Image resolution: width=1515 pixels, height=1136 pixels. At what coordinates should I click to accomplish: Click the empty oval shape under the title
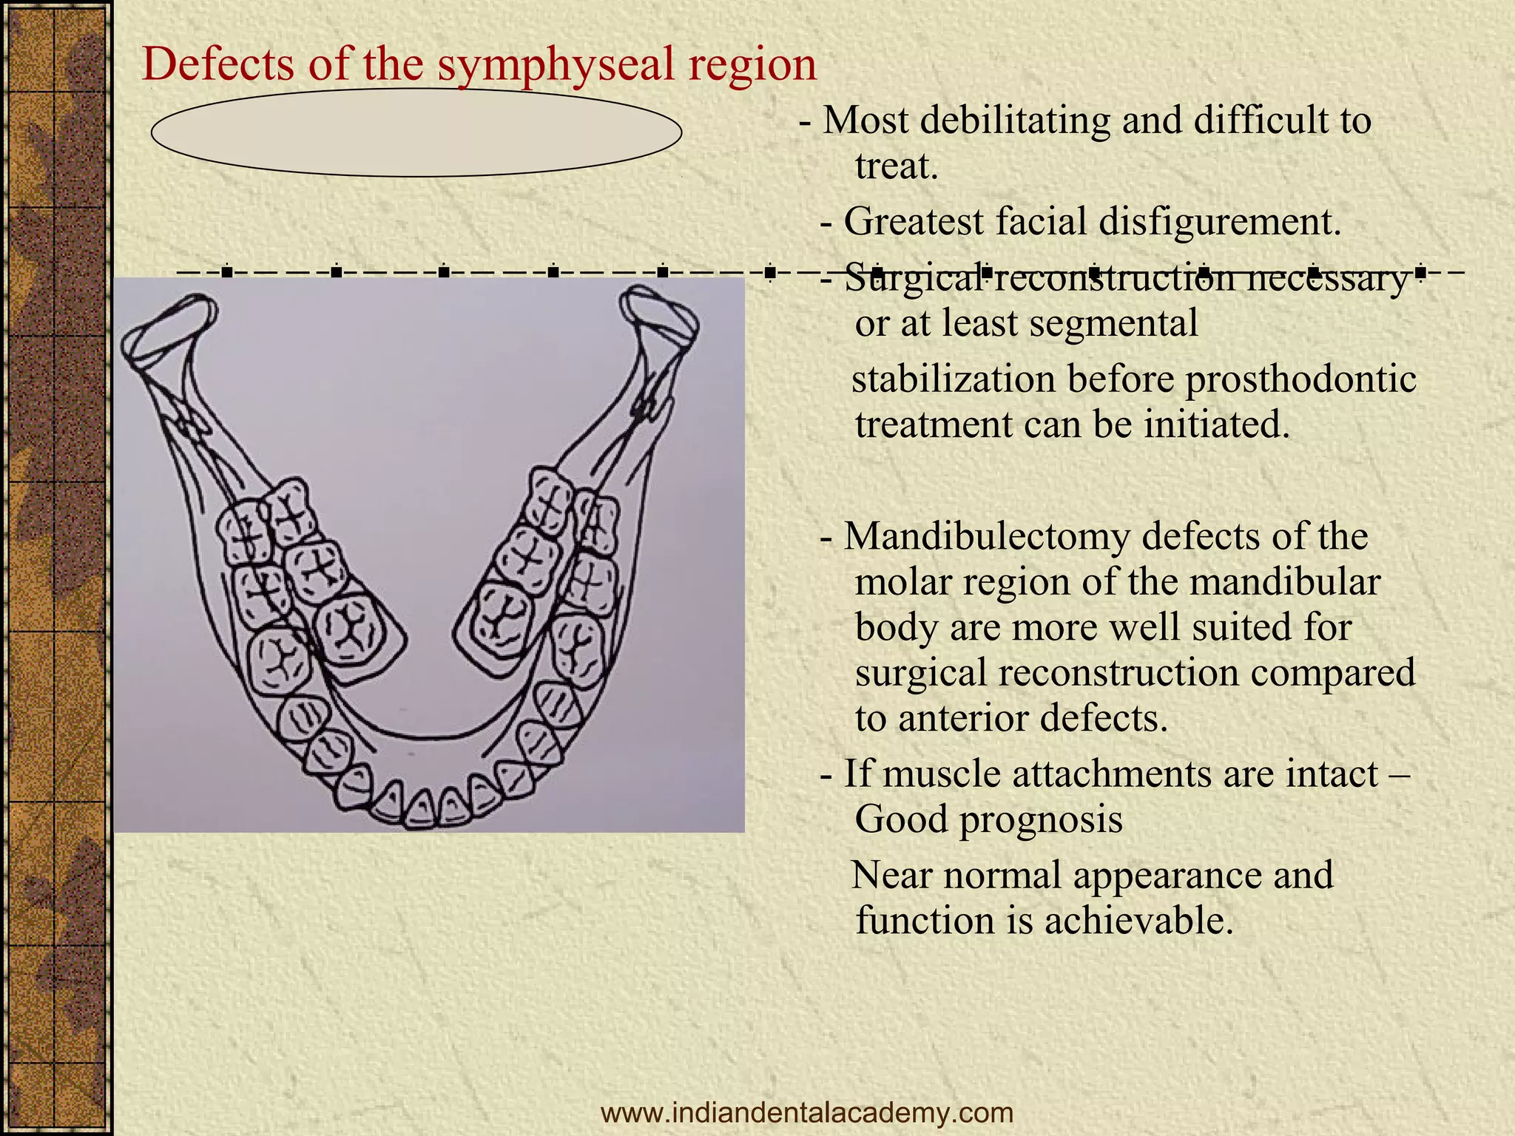point(416,133)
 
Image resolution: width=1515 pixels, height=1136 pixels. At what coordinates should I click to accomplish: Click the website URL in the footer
point(807,1112)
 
